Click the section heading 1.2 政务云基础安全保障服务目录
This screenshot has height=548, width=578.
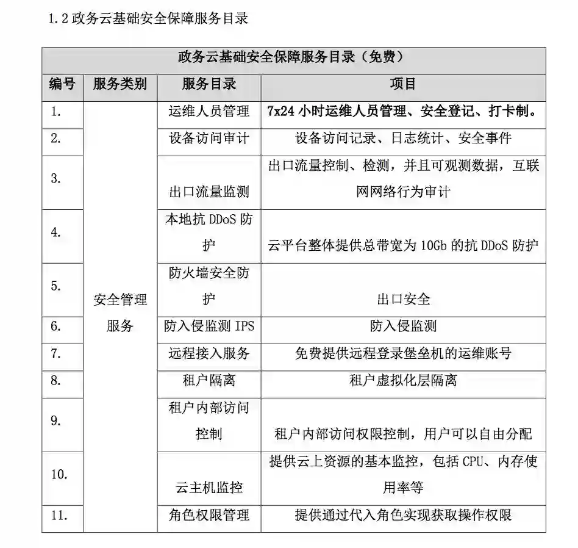pos(149,19)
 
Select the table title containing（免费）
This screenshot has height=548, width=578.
pos(293,58)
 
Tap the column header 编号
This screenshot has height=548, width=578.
pos(62,84)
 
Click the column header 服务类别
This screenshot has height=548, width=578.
pos(120,84)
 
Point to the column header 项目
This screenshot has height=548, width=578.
pos(402,84)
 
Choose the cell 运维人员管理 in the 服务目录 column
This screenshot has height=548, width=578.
pos(209,112)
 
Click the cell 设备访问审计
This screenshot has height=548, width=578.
pos(209,139)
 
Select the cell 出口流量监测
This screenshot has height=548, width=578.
pos(209,192)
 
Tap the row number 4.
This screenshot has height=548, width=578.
pos(56,233)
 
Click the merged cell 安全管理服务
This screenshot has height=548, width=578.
pos(120,312)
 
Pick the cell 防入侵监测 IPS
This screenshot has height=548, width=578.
pos(209,326)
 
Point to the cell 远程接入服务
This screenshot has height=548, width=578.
pos(209,353)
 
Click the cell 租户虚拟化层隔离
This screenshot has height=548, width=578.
pos(402,381)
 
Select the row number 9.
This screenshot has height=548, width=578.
pos(56,420)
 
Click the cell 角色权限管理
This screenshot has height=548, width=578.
pos(209,515)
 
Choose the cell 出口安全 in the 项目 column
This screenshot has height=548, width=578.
pos(403,299)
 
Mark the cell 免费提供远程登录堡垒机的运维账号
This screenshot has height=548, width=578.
pos(402,353)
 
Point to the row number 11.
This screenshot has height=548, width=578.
pos(59,515)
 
